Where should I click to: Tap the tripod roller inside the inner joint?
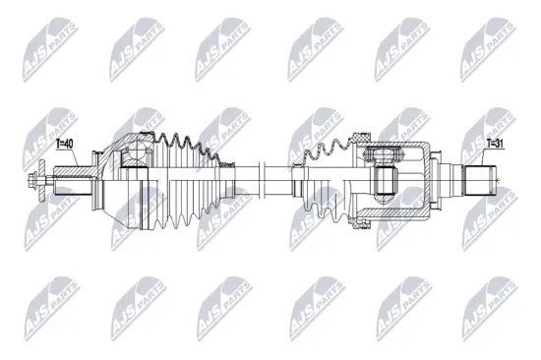[387, 179]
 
